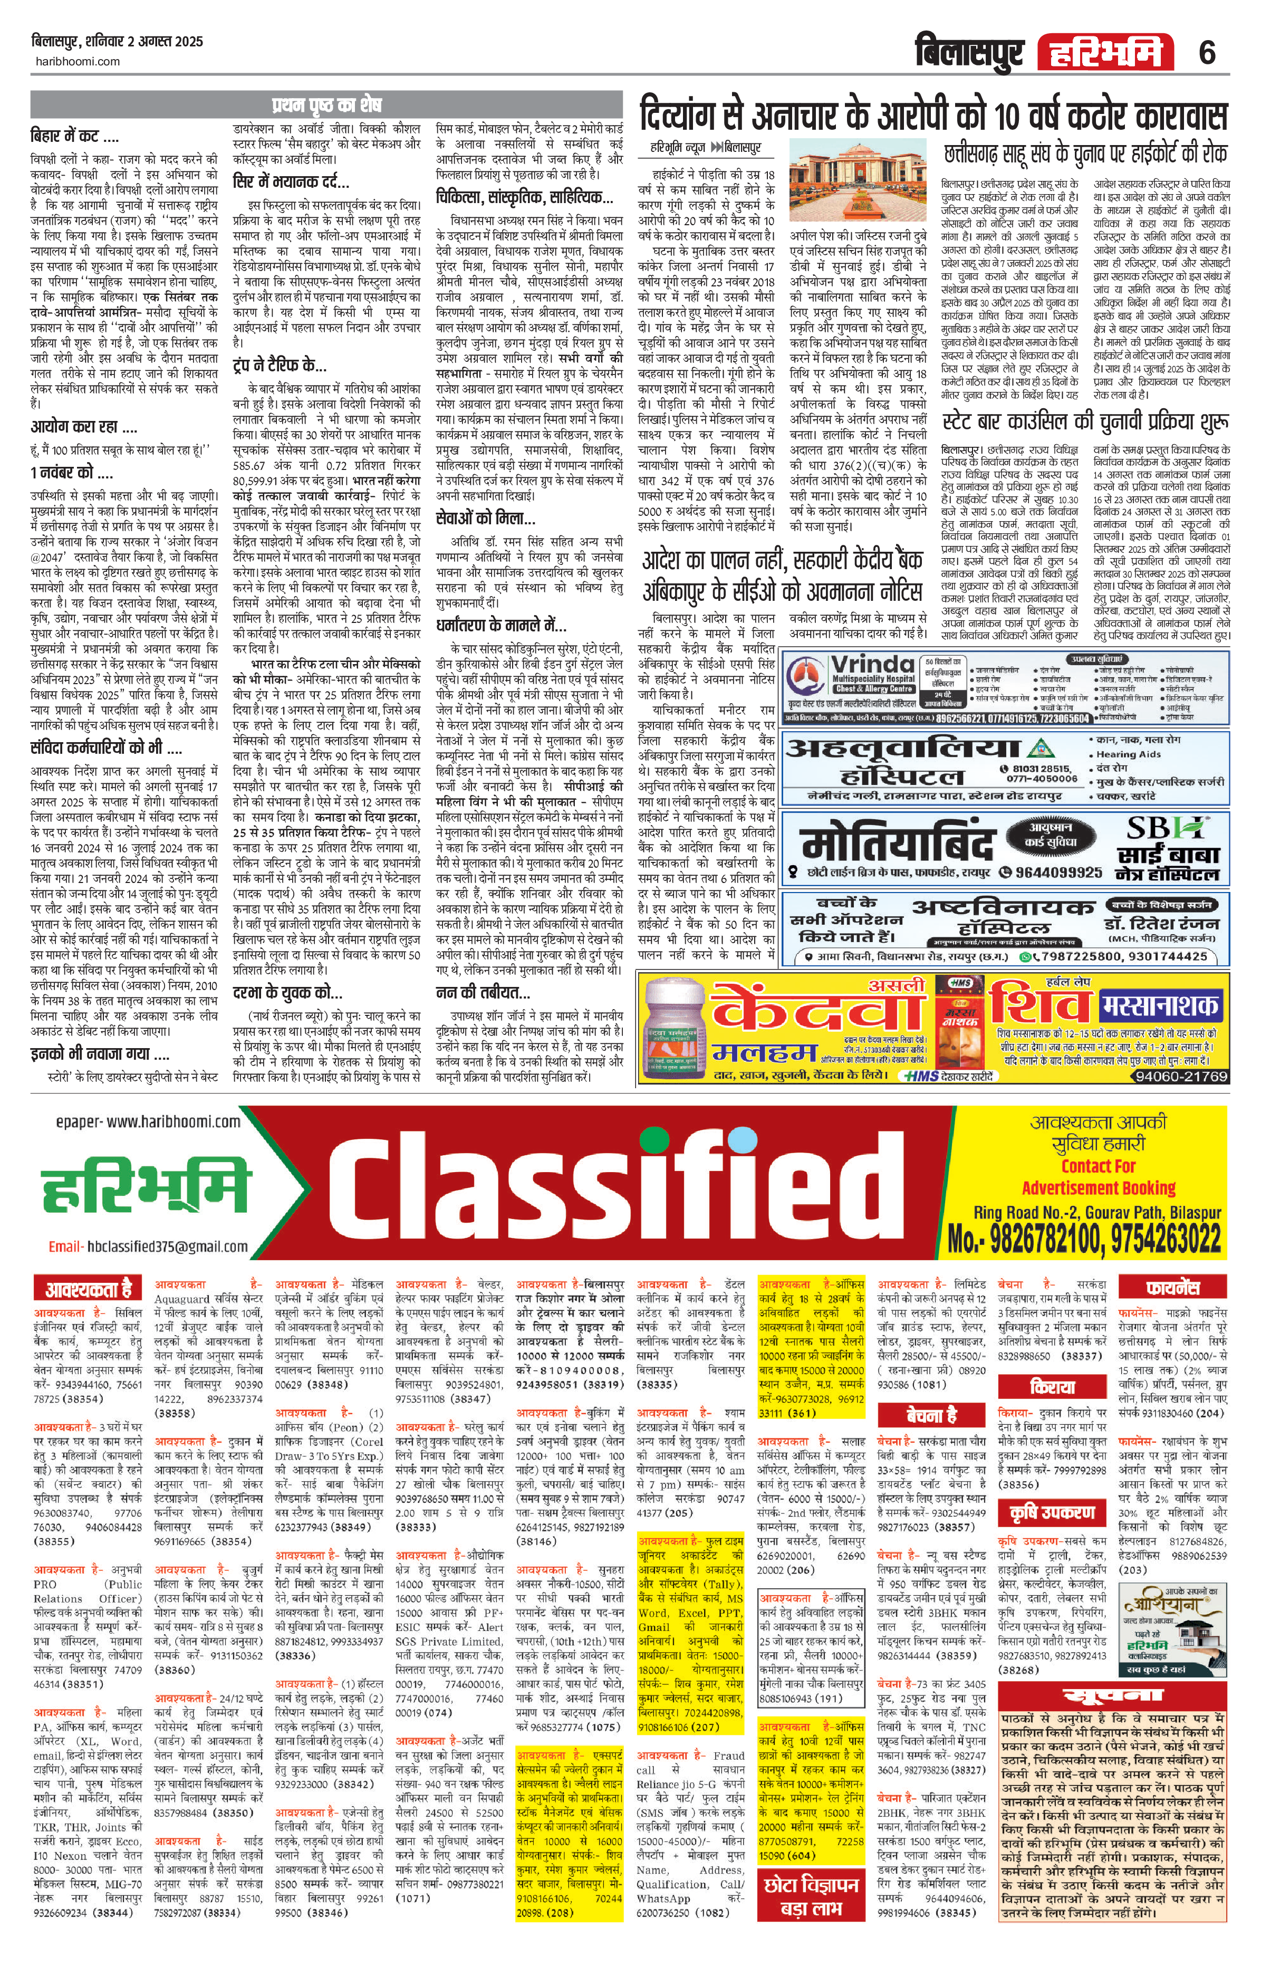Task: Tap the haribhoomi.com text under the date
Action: (76, 61)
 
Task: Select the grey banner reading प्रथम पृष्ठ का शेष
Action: (326, 105)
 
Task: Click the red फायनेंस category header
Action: (1172, 1288)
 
